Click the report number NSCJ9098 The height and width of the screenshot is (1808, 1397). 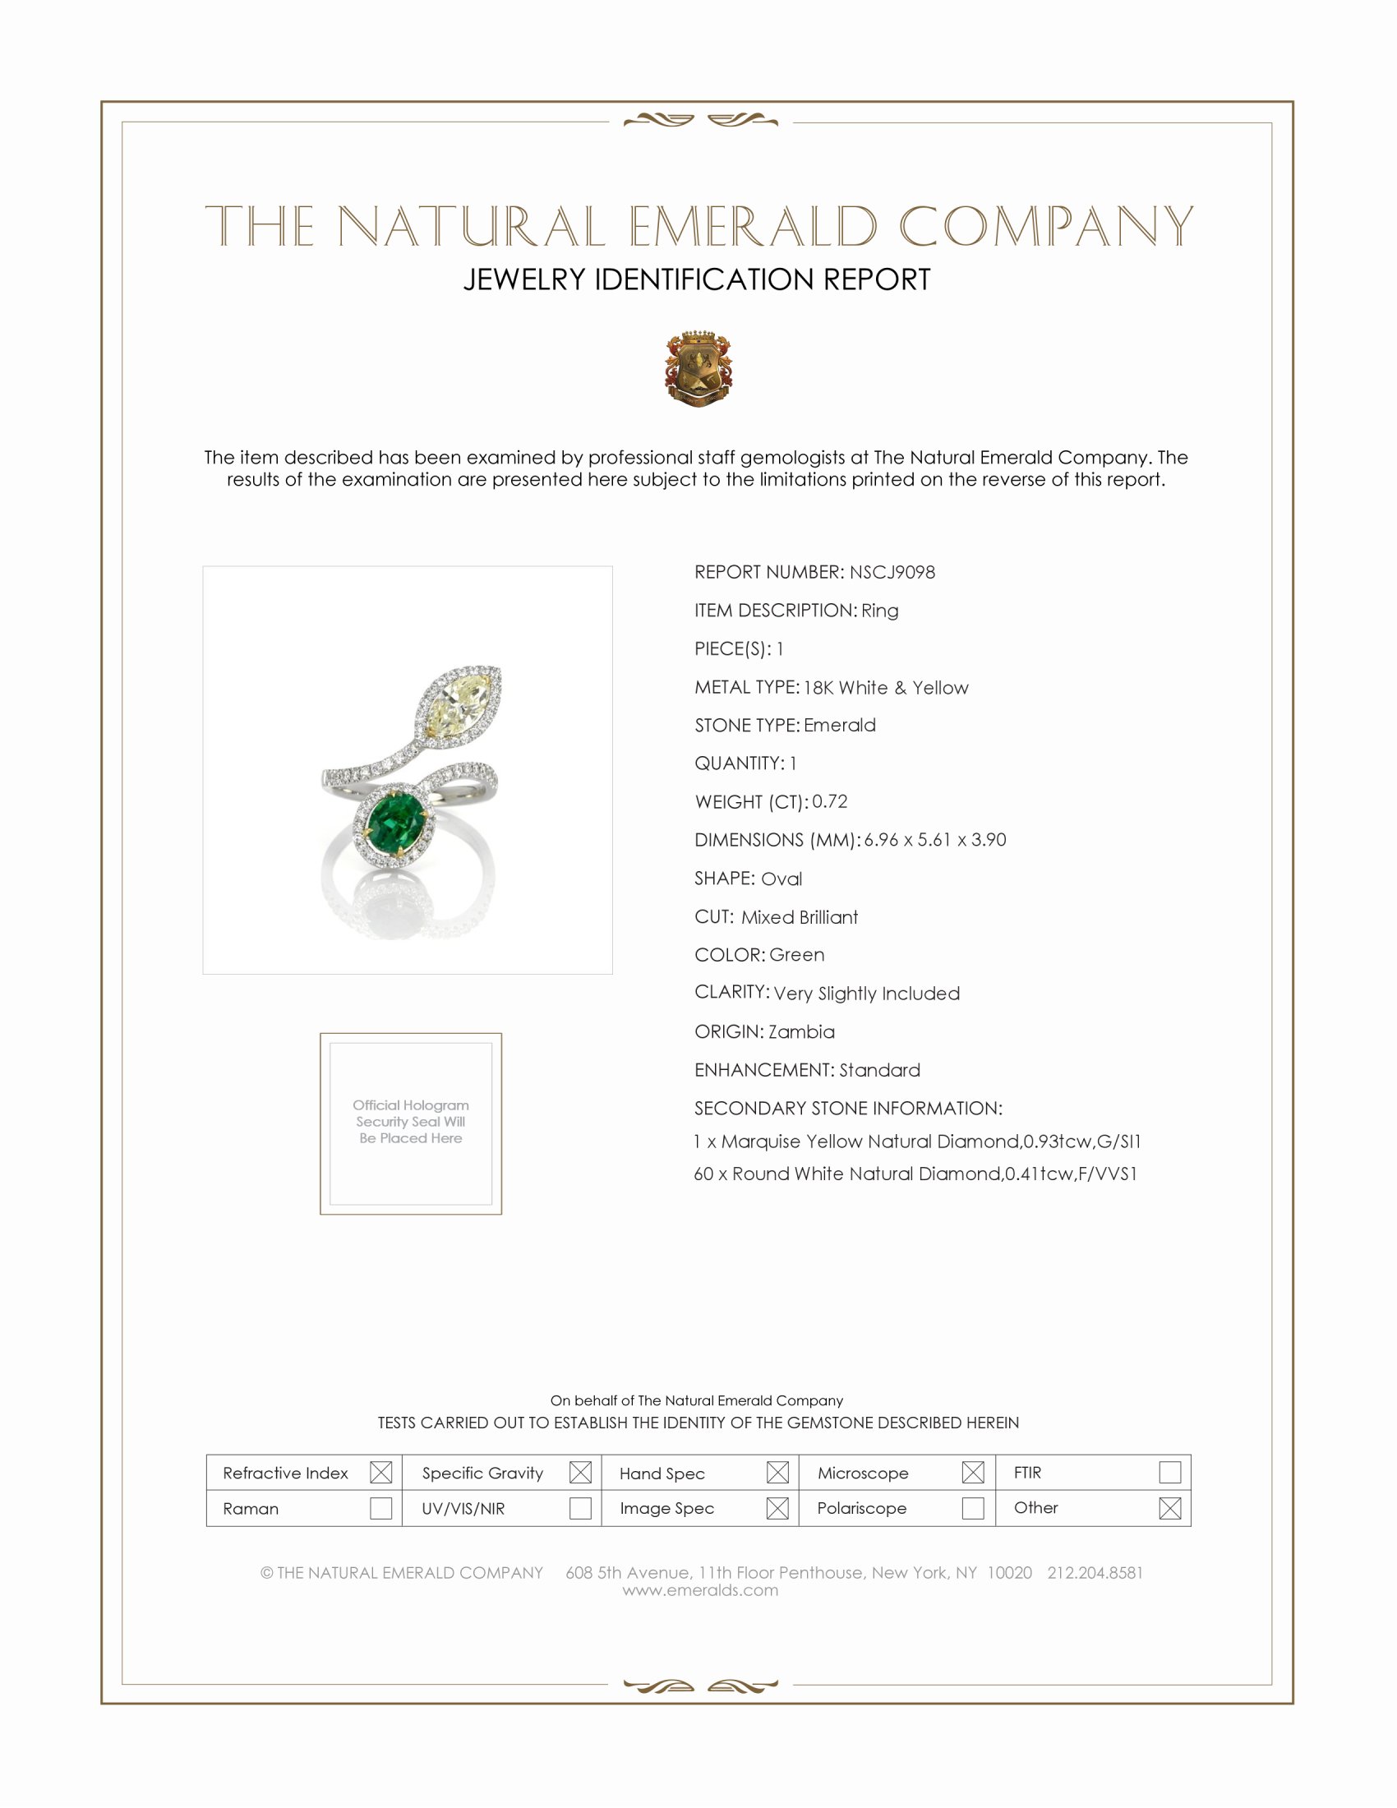pos(892,572)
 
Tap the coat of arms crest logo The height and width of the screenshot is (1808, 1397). pos(698,368)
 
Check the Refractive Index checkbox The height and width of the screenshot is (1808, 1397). pos(380,1473)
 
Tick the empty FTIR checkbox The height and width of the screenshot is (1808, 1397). pos(1169,1473)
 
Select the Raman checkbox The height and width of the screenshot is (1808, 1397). pos(380,1508)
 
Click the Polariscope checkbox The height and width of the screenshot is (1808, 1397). pos(973,1508)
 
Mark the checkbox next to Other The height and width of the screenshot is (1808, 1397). pos(1169,1508)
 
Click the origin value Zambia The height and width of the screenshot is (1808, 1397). pos(801,1031)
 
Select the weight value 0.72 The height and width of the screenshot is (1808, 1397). pos(829,801)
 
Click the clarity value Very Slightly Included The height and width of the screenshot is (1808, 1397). pos(866,994)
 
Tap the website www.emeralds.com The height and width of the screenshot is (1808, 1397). pos(700,1590)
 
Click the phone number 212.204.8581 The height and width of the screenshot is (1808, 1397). pos(1095,1573)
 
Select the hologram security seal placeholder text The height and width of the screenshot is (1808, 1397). pos(411,1122)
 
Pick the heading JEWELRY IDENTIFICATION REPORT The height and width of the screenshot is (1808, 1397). pos(697,279)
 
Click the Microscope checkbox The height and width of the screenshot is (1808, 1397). pos(973,1473)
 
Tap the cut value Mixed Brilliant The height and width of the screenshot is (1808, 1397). pos(800,917)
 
